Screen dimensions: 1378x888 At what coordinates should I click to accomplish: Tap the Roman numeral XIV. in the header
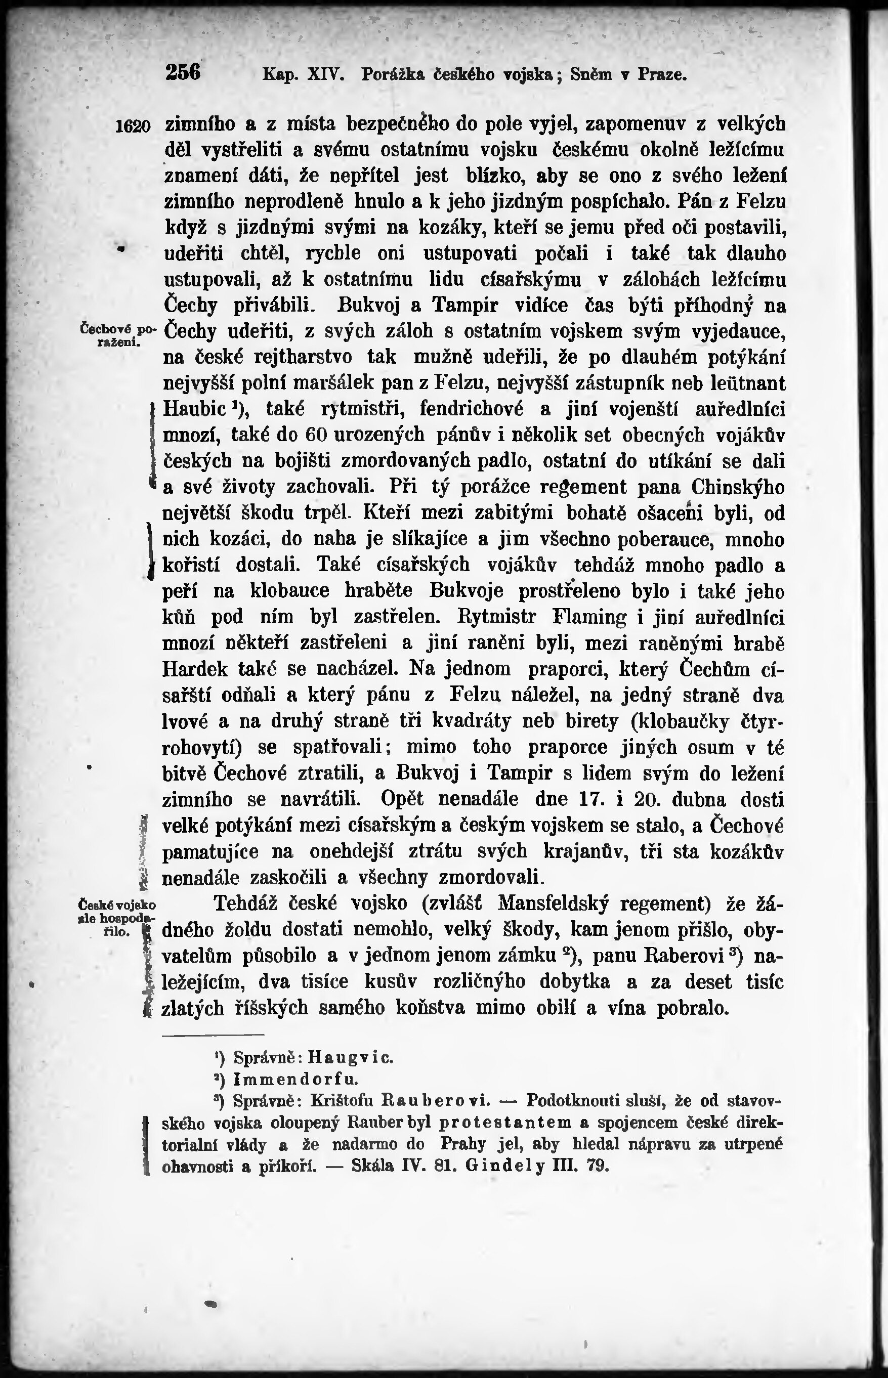pyautogui.click(x=326, y=74)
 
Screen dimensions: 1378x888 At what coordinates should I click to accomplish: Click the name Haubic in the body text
pyautogui.click(x=194, y=409)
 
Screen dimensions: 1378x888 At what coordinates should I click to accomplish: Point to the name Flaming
pyautogui.click(x=589, y=617)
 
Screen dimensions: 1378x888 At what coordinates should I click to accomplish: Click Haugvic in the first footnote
pyautogui.click(x=351, y=1058)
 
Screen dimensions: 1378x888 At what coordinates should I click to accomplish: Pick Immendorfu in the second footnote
pyautogui.click(x=296, y=1079)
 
